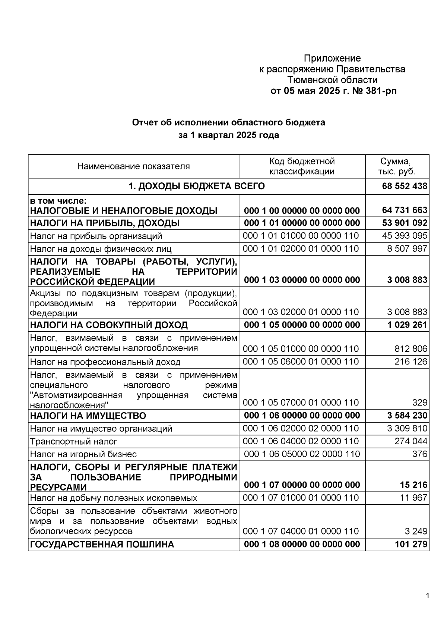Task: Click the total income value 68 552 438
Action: pyautogui.click(x=405, y=186)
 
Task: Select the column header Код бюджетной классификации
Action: pyautogui.click(x=302, y=166)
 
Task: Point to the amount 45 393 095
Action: pyautogui.click(x=405, y=236)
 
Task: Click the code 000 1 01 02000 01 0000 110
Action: pyautogui.click(x=301, y=249)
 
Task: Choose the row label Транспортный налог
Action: pyautogui.click(x=73, y=442)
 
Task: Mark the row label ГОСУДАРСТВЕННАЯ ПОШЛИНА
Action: pyautogui.click(x=102, y=545)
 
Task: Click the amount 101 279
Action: pyautogui.click(x=411, y=545)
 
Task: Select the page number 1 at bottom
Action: pyautogui.click(x=428, y=595)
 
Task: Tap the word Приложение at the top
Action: pyautogui.click(x=332, y=58)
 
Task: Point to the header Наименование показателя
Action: pyautogui.click(x=133, y=166)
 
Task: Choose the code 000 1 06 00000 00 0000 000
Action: pyautogui.click(x=302, y=416)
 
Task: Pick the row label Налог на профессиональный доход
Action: pyautogui.click(x=105, y=362)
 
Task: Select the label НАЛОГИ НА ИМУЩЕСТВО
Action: pyautogui.click(x=88, y=416)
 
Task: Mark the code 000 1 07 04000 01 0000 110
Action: pyautogui.click(x=301, y=531)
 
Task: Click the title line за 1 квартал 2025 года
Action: pyautogui.click(x=228, y=135)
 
